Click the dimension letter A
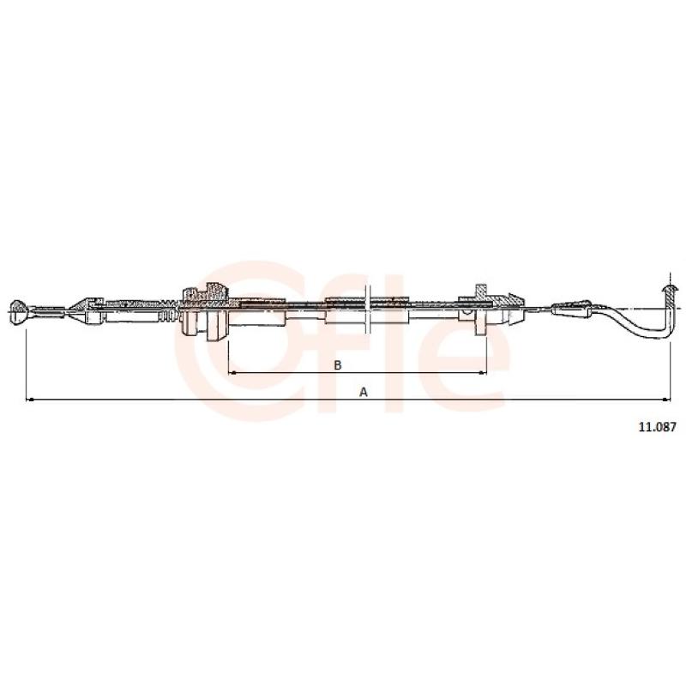coord(363,393)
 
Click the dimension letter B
coord(337,365)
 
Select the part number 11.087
coord(657,427)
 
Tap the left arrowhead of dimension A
coord(30,400)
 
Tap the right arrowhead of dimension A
coord(667,400)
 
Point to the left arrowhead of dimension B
coord(232,373)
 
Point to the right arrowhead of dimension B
coord(483,373)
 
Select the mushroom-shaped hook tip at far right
coord(670,289)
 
